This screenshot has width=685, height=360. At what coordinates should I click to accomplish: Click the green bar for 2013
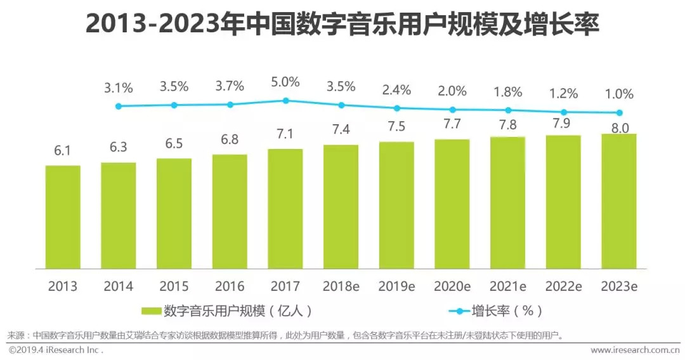pyautogui.click(x=63, y=216)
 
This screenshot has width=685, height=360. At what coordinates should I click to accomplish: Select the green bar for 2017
pyautogui.click(x=285, y=208)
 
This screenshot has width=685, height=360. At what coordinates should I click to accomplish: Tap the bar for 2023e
pyautogui.click(x=619, y=200)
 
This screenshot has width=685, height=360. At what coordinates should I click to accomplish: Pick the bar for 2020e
pyautogui.click(x=452, y=203)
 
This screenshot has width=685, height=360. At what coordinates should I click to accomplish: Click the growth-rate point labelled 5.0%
pyautogui.click(x=285, y=100)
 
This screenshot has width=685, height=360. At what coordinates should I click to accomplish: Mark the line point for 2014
pyautogui.click(x=119, y=106)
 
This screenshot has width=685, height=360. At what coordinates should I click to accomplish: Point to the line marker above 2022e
pyautogui.click(x=564, y=112)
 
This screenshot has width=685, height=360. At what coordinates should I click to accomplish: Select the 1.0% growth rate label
pyautogui.click(x=619, y=94)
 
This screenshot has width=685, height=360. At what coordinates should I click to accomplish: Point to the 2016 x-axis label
pyautogui.click(x=230, y=286)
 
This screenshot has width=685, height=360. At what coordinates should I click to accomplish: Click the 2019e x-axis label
pyautogui.click(x=396, y=286)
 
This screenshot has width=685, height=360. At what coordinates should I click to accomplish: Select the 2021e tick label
pyautogui.click(x=508, y=286)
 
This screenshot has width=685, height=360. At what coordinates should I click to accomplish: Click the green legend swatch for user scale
pyautogui.click(x=151, y=311)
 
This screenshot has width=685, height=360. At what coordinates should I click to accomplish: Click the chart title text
pyautogui.click(x=342, y=25)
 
